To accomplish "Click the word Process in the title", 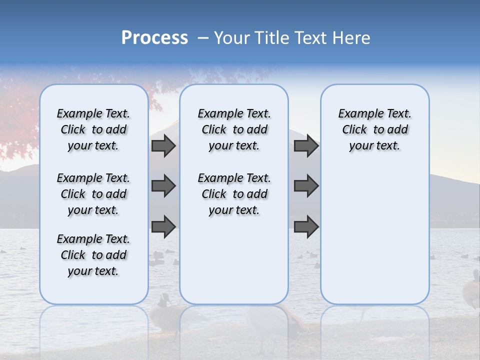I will pyautogui.click(x=154, y=38).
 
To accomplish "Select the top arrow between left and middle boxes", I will pyautogui.click(x=163, y=145).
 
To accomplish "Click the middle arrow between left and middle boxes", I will pyautogui.click(x=163, y=186).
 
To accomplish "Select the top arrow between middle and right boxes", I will pyautogui.click(x=306, y=145).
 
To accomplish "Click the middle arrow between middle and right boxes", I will pyautogui.click(x=306, y=186).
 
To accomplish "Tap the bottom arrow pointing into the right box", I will pyautogui.click(x=306, y=227).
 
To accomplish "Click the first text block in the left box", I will pyautogui.click(x=93, y=129).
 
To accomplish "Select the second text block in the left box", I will pyautogui.click(x=93, y=194).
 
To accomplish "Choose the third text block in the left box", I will pyautogui.click(x=93, y=255).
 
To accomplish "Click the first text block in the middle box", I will pyautogui.click(x=234, y=129).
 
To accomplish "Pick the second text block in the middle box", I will pyautogui.click(x=234, y=194).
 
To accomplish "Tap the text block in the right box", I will pyautogui.click(x=375, y=129).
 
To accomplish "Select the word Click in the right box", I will pyautogui.click(x=354, y=130).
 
